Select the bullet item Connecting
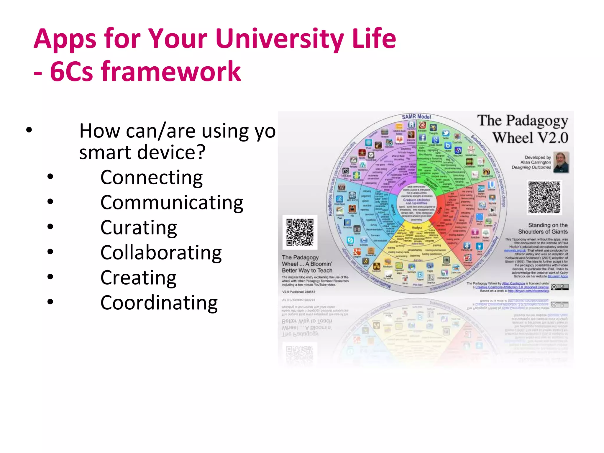pos(151,178)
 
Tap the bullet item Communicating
pos(172,203)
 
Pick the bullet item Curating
pos(139,228)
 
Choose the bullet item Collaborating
pos(161,253)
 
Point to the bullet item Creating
pos(138,278)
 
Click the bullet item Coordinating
pos(159,303)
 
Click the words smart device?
pos(142,152)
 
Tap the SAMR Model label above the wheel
pos(416,117)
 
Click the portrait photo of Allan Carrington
pos(561,162)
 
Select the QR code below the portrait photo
pos(544,197)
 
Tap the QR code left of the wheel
pos(300,232)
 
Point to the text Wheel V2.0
pos(530,138)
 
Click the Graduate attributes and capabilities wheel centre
pos(416,201)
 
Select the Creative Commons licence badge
pos(559,287)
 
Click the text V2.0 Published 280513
pos(298,292)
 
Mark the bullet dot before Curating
pos(50,226)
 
